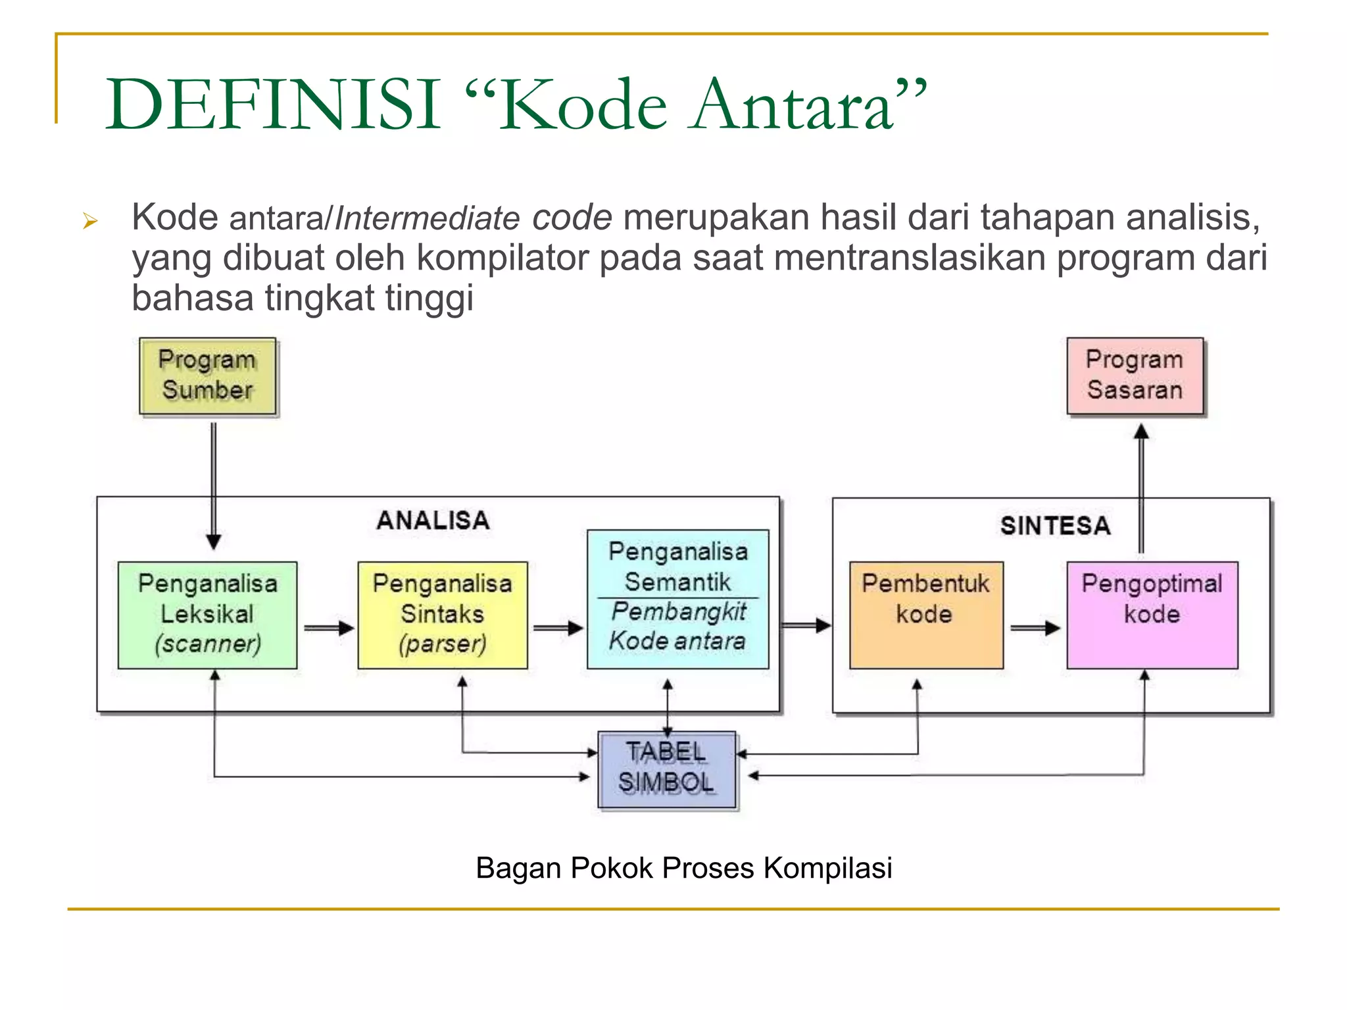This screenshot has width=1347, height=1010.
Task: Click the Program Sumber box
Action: click(208, 376)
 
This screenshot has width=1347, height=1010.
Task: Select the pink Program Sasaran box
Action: click(1135, 376)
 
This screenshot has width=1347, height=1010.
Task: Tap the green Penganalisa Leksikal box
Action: click(208, 615)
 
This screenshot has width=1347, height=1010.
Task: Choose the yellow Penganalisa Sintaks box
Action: click(443, 615)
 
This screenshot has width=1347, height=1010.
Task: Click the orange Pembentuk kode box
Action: click(926, 615)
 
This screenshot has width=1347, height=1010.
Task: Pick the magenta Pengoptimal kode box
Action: click(1152, 615)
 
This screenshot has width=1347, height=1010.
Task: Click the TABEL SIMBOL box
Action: click(667, 769)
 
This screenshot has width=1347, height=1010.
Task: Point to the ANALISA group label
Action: click(433, 521)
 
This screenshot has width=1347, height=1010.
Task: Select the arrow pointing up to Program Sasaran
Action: click(1142, 487)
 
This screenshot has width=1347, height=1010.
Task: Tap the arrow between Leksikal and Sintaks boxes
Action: click(329, 628)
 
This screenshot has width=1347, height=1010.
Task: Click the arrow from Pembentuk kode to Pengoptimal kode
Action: click(1035, 628)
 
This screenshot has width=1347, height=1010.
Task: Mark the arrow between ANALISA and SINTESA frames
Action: click(806, 625)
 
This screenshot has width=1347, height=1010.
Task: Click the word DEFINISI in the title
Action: click(274, 105)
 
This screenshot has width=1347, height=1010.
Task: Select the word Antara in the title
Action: click(793, 105)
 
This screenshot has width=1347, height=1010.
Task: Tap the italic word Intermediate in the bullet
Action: click(428, 218)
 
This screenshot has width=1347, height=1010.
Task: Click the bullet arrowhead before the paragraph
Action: click(91, 222)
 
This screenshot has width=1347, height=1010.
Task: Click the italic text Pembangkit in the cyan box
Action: click(679, 612)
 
